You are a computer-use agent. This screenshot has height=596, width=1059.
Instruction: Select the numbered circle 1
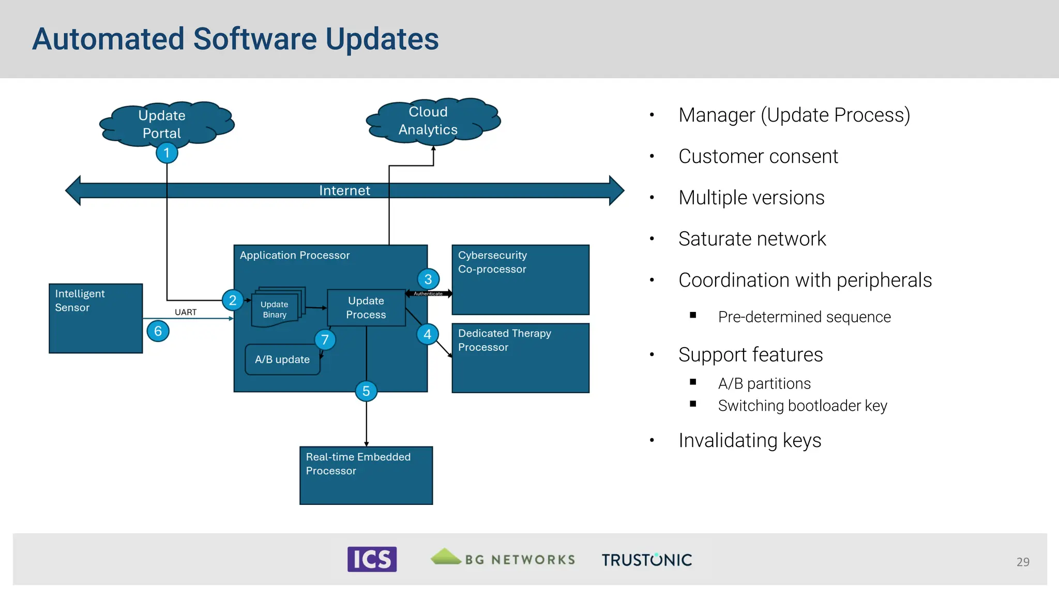tap(167, 153)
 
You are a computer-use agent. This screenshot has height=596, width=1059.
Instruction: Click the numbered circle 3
tap(428, 279)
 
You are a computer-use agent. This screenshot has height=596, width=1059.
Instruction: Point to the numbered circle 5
tap(366, 391)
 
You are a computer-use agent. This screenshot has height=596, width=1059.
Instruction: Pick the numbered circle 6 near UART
tap(158, 331)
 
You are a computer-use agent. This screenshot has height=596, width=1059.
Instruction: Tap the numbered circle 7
tap(325, 340)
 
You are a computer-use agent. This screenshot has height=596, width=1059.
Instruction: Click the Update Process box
tap(366, 308)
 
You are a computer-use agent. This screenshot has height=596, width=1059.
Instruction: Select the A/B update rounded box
tap(282, 360)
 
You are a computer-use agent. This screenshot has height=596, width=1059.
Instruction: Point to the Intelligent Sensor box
tap(96, 318)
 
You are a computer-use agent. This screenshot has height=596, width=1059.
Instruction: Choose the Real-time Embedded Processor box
tap(366, 475)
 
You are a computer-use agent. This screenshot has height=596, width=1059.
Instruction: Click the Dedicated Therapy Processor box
tap(520, 358)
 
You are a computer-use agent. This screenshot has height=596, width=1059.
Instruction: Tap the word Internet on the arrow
tap(344, 190)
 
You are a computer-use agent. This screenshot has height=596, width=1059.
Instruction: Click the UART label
tap(186, 312)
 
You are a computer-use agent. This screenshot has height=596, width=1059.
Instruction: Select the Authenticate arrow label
tap(428, 294)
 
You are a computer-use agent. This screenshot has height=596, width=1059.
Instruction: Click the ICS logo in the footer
tap(372, 559)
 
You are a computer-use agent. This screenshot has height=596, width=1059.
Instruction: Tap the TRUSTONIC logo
tap(646, 560)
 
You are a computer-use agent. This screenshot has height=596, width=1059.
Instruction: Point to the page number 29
tap(1022, 562)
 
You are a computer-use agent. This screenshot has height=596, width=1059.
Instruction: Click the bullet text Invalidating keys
tap(750, 440)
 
